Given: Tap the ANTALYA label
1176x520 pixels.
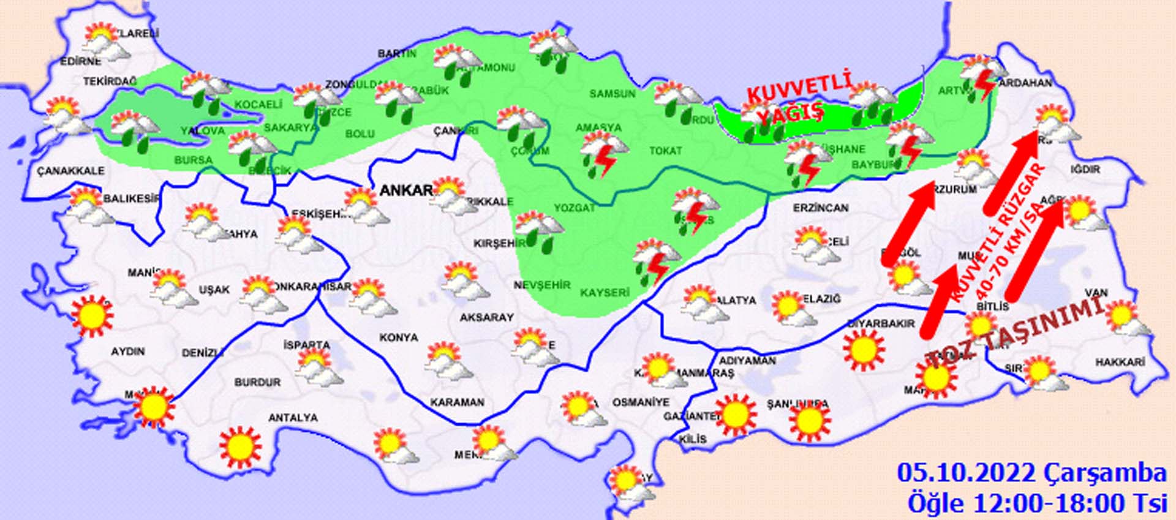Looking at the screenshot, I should pyautogui.click(x=293, y=418).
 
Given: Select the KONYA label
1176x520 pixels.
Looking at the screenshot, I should pyautogui.click(x=398, y=337).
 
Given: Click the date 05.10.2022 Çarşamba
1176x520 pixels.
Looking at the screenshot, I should pyautogui.click(x=1031, y=473).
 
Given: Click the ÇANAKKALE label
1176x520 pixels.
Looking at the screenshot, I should pyautogui.click(x=70, y=171).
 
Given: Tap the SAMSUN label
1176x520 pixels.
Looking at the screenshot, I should pyautogui.click(x=612, y=94).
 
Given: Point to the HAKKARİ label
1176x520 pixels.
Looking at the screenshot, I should pyautogui.click(x=1120, y=363).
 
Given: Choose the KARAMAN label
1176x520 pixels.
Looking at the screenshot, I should pyautogui.click(x=457, y=402).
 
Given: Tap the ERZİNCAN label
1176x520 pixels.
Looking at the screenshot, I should pyautogui.click(x=820, y=208).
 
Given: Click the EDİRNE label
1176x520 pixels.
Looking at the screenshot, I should pyautogui.click(x=80, y=62).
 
